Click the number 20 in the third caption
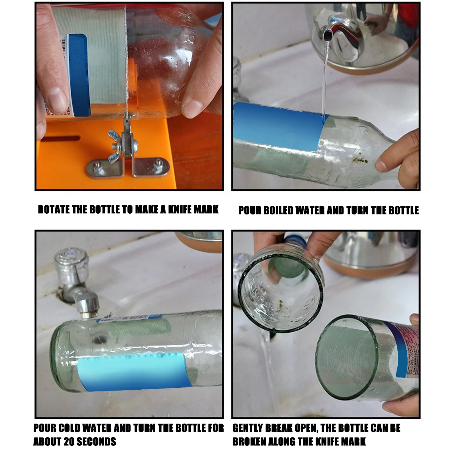coord(69,442)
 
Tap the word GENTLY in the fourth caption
coord(247,428)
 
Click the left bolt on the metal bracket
coord(98,165)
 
